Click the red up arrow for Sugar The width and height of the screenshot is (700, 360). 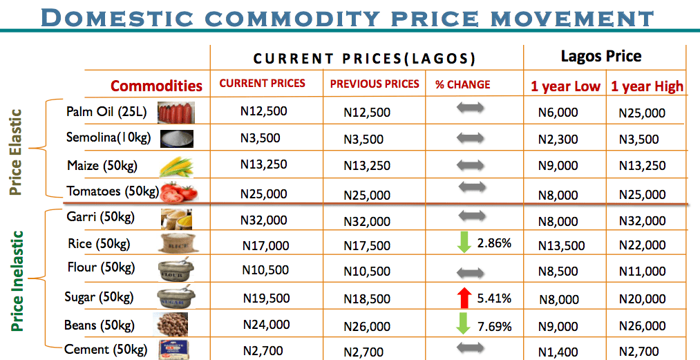click(464, 298)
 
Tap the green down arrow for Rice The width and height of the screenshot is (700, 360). click(464, 243)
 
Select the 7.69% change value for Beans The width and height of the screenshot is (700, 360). click(494, 325)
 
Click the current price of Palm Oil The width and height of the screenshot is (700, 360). click(263, 111)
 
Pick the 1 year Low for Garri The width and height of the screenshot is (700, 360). click(558, 221)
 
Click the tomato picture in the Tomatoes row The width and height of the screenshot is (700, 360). click(179, 191)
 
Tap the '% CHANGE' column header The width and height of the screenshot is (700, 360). click(462, 84)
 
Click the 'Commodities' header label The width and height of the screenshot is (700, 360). click(156, 86)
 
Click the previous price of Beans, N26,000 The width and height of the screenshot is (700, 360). click(367, 326)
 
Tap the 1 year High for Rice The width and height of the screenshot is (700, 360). click(642, 245)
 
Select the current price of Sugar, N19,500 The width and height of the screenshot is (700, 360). click(266, 298)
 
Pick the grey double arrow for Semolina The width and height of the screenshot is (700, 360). click(471, 138)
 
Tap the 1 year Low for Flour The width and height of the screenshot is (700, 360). click(558, 272)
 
